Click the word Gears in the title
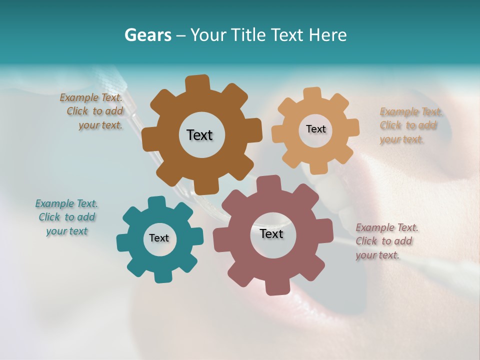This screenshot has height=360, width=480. [148, 35]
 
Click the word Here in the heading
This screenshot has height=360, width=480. [328, 35]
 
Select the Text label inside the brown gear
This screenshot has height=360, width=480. [199, 135]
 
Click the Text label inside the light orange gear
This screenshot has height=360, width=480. [315, 129]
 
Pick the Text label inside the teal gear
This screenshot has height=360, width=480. [159, 238]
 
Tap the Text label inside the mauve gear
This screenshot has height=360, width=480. [271, 233]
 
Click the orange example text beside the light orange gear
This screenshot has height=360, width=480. [410, 125]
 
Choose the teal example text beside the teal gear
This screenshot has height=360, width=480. [66, 217]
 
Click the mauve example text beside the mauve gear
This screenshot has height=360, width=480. [386, 241]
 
